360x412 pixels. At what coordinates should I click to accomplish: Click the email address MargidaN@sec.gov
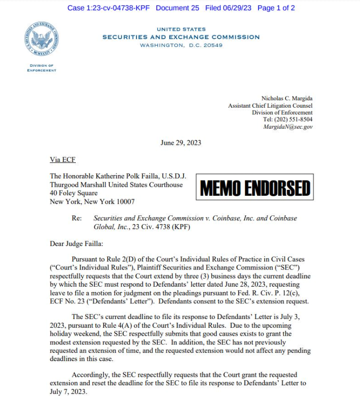click(x=288, y=127)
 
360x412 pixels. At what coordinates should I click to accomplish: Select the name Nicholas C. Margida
click(x=287, y=98)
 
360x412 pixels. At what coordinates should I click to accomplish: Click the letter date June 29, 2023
click(x=180, y=143)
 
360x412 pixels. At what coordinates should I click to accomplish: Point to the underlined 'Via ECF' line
click(x=63, y=160)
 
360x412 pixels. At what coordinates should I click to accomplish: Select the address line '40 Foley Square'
click(x=73, y=193)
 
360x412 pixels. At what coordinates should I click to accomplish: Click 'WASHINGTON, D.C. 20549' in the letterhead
click(x=181, y=46)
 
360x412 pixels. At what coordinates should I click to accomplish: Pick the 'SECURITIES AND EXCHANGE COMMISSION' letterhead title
click(x=181, y=37)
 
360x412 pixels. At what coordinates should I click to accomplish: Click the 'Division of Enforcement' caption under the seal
click(x=42, y=68)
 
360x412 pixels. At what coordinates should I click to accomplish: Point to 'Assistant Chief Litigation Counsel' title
click(x=270, y=106)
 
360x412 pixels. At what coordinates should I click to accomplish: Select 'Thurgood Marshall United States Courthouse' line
click(x=116, y=185)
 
